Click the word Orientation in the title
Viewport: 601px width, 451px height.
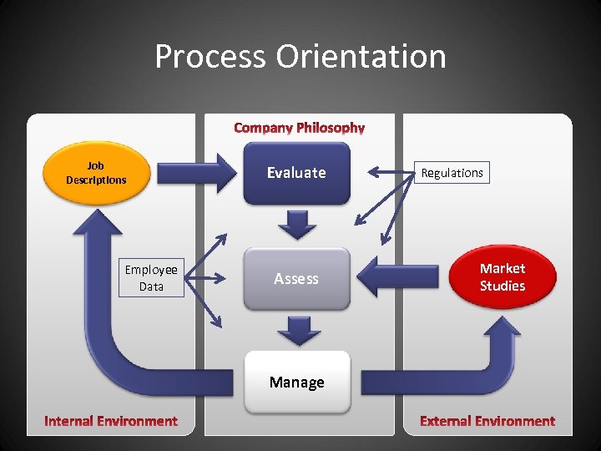point(363,57)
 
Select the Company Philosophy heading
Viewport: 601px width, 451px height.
point(299,128)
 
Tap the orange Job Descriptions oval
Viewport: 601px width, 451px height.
point(96,173)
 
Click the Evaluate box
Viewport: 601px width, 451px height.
point(296,173)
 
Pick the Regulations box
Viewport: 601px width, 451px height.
point(452,173)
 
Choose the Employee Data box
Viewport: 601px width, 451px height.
point(151,277)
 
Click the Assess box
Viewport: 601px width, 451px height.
point(296,278)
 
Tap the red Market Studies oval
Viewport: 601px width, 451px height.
point(503,277)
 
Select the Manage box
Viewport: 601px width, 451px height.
point(296,382)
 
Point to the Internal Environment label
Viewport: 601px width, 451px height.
point(111,421)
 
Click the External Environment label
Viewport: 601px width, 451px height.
point(487,421)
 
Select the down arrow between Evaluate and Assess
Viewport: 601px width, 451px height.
point(297,224)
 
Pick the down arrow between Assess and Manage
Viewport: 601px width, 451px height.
point(297,330)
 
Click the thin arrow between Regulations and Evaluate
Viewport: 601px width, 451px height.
point(392,173)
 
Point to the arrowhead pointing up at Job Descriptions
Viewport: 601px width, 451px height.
point(98,225)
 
